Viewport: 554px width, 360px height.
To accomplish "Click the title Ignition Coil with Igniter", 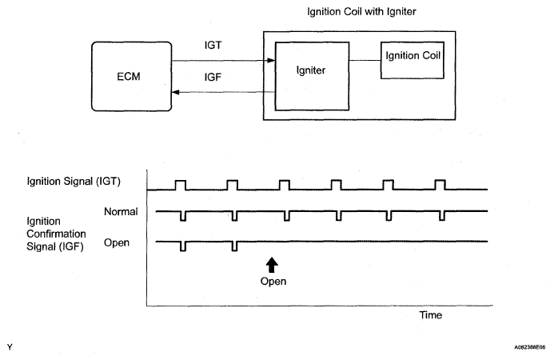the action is [361, 12].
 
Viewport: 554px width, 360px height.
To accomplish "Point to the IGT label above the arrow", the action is [213, 46].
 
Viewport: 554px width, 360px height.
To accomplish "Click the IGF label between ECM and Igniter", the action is [213, 77].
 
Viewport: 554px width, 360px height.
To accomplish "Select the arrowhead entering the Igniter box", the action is [271, 61].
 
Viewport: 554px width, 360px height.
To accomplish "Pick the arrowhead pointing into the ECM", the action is [176, 92].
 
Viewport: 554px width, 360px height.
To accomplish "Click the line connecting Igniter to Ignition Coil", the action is [365, 60].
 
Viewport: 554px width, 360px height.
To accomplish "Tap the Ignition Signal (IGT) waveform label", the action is [74, 181].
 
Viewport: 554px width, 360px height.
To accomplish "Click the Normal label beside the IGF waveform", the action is [121, 211].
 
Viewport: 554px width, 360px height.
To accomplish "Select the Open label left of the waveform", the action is [117, 243].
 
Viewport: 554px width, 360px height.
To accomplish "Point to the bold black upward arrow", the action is [271, 265].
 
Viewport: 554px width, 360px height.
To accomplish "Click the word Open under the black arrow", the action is [273, 281].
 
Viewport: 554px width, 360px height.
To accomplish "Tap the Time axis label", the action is [431, 315].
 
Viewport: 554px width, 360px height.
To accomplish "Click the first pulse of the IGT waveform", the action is [181, 181].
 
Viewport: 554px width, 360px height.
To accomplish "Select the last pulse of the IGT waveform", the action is [440, 180].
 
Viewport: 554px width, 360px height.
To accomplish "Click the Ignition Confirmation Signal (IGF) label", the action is [56, 234].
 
